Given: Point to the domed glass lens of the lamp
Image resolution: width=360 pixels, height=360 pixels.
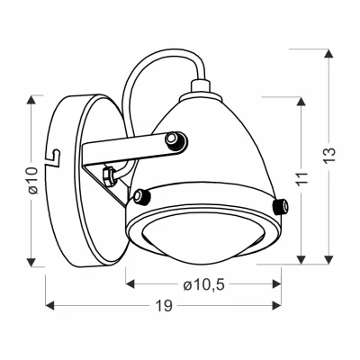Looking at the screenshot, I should point(203,242).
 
